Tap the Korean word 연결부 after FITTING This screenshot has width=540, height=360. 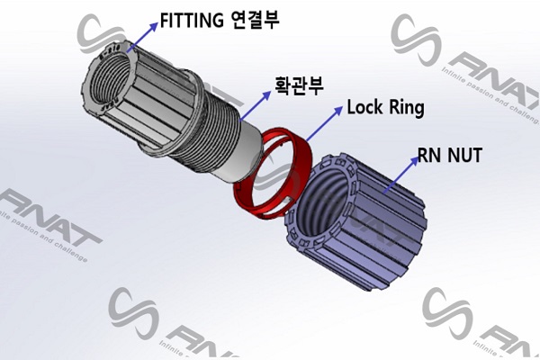point(255,18)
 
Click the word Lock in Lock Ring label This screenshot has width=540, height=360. point(365,109)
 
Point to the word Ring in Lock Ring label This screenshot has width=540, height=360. point(406,110)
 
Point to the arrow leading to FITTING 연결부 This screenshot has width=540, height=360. point(141,36)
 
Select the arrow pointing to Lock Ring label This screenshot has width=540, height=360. point(324,124)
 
